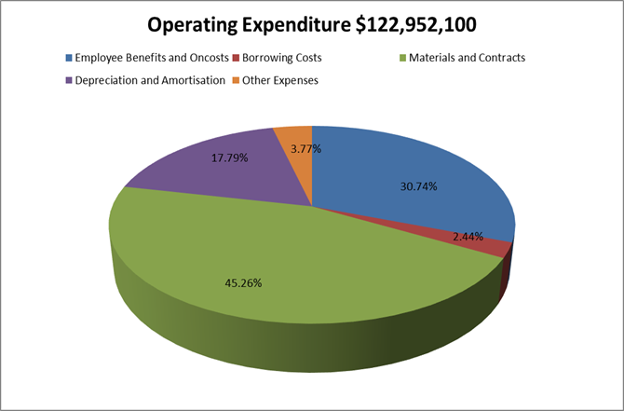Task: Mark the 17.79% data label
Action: tap(229, 158)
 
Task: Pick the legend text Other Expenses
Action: tap(281, 81)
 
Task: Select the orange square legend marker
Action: tap(237, 81)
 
